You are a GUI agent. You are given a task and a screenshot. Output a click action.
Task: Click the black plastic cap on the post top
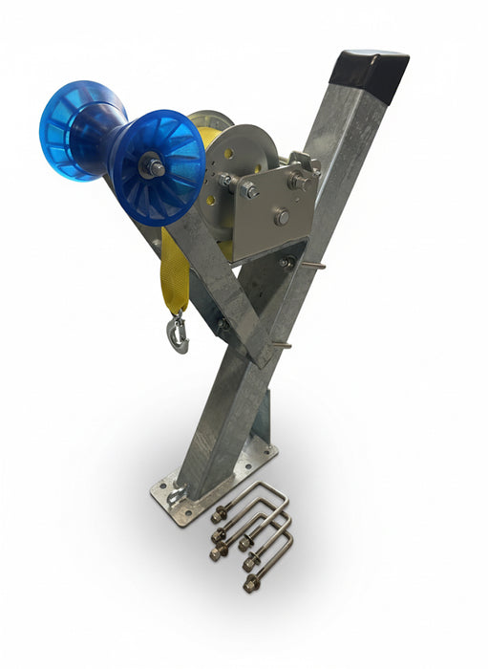point(370,74)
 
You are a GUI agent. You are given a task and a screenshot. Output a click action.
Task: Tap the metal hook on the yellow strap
point(178,334)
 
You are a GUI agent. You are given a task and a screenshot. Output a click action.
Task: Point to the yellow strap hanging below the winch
point(174,272)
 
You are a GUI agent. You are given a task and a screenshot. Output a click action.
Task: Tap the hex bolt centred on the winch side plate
point(282,217)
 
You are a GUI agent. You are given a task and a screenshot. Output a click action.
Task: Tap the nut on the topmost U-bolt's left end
point(219,514)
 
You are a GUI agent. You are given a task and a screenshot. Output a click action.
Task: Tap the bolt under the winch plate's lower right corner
point(286,262)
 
